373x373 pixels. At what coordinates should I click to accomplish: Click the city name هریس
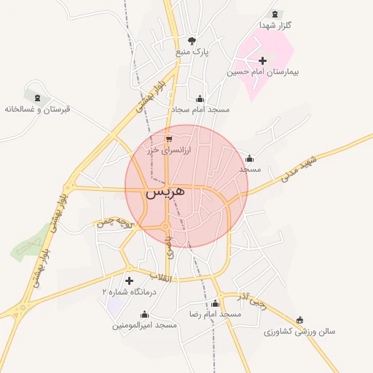tap(165, 193)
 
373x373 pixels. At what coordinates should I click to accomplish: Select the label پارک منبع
tap(192, 52)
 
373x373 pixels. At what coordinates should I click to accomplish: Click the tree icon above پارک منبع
tap(192, 41)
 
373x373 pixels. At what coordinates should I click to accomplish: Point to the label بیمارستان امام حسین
tap(263, 72)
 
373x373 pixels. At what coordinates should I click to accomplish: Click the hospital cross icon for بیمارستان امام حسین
tap(263, 60)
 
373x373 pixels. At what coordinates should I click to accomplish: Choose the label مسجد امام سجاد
tap(200, 109)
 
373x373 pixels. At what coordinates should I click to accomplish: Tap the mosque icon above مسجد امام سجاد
tap(200, 98)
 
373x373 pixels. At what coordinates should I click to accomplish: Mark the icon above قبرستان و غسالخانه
tap(35, 96)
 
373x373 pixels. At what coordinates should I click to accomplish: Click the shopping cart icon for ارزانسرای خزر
tap(169, 138)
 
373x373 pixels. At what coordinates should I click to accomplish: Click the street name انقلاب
tap(161, 277)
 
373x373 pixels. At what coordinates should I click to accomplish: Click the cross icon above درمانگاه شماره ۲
tap(130, 280)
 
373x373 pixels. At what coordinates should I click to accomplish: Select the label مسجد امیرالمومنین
tap(144, 325)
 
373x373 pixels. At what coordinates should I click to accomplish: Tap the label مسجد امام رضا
tap(215, 314)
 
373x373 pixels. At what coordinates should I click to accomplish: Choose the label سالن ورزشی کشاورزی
tap(299, 331)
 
